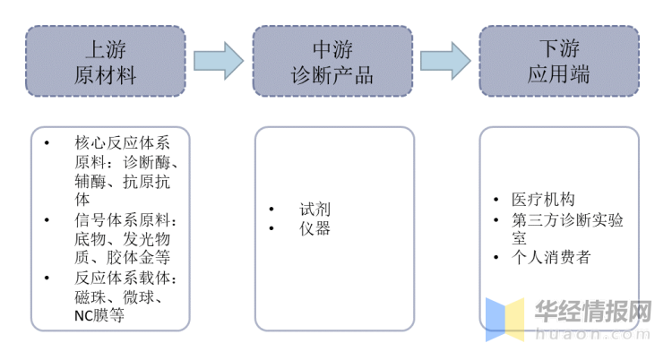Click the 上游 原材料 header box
[105, 61]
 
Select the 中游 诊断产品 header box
[332, 61]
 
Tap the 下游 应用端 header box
[559, 61]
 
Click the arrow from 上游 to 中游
[218, 60]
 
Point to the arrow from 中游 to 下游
[445, 60]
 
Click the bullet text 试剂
[314, 209]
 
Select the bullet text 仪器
[314, 228]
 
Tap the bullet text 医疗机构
[542, 199]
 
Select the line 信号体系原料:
[125, 219]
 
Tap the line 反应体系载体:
[125, 278]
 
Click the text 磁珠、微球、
[118, 296]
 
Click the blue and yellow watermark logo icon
[504, 319]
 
